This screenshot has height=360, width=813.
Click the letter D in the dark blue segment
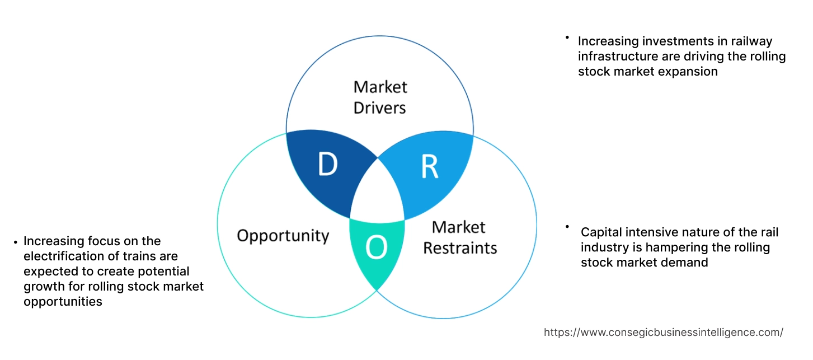(328, 164)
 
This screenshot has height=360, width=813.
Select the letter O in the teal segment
(377, 248)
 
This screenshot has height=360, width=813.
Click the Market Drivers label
(380, 97)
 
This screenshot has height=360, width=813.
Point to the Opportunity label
(283, 235)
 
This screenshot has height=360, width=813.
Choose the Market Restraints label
(459, 237)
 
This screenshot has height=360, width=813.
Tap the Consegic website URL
(663, 332)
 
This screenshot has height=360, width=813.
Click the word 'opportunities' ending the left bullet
(63, 301)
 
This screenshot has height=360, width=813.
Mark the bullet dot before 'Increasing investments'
(567, 38)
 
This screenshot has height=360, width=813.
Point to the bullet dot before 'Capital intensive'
(567, 227)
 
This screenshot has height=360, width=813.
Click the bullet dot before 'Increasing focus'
(15, 242)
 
